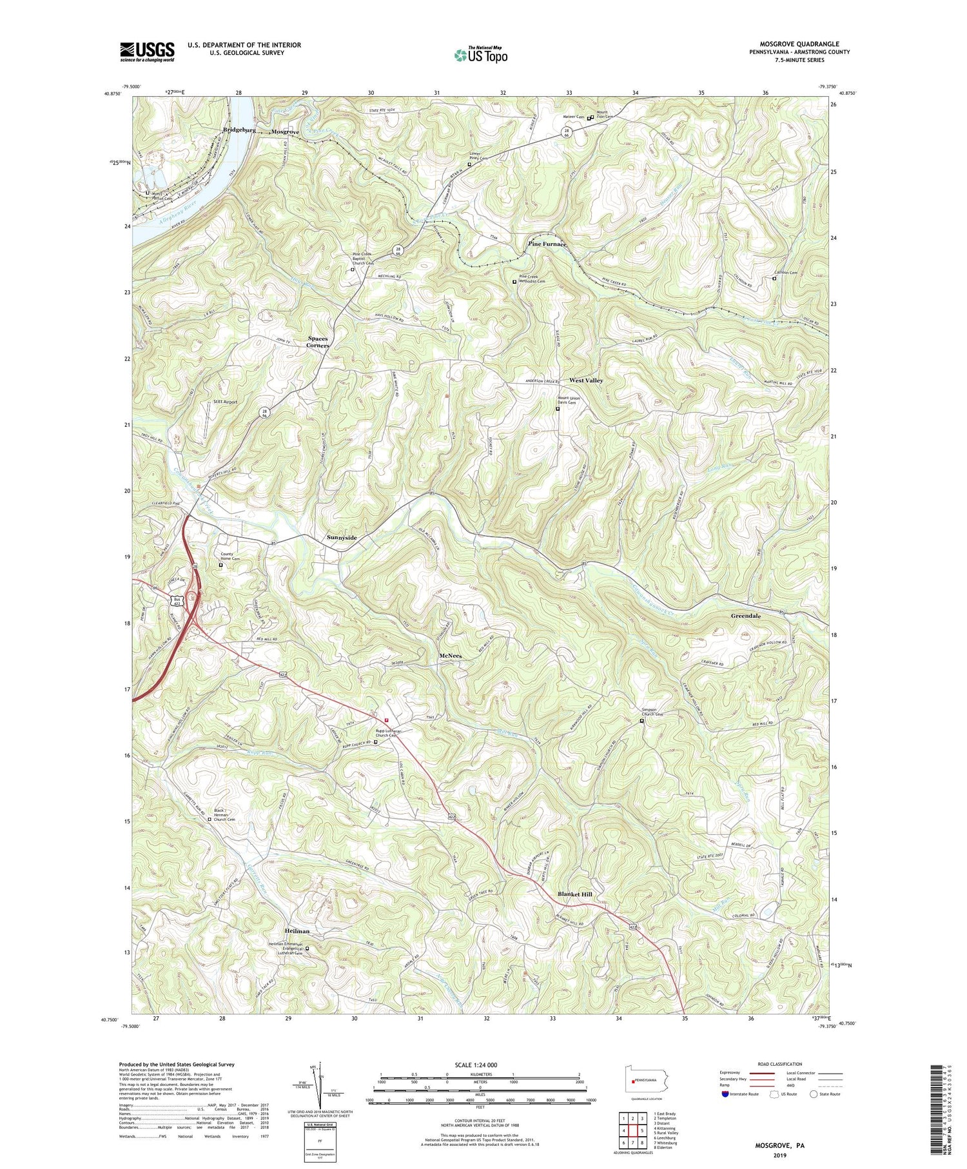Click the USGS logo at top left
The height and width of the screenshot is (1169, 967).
pyautogui.click(x=147, y=52)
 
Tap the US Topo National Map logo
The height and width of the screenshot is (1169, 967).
pyautogui.click(x=480, y=55)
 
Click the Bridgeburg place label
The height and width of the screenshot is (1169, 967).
pyautogui.click(x=239, y=130)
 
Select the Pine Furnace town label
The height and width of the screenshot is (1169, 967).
pyautogui.click(x=547, y=244)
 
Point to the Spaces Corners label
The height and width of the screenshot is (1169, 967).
pyautogui.click(x=318, y=342)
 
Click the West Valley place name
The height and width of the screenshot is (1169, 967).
pyautogui.click(x=586, y=380)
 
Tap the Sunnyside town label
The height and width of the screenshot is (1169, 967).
pyautogui.click(x=342, y=537)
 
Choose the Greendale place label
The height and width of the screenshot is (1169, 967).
pyautogui.click(x=745, y=616)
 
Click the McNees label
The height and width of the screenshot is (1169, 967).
pyautogui.click(x=451, y=655)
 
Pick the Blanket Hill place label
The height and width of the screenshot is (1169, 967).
pyautogui.click(x=574, y=894)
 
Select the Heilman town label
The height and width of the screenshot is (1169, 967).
pyautogui.click(x=297, y=931)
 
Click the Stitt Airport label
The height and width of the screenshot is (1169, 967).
pyautogui.click(x=226, y=402)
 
